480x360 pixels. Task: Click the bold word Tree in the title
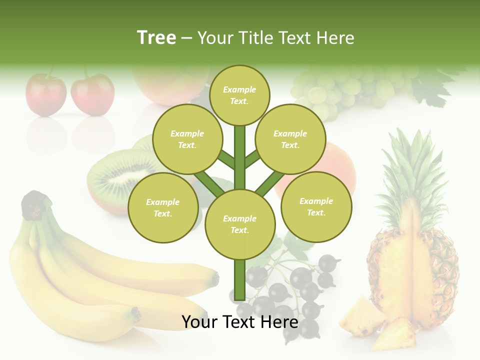tap(156, 37)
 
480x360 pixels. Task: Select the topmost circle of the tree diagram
tap(239, 95)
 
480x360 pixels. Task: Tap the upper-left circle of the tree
tap(187, 139)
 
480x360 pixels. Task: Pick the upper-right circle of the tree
tap(290, 139)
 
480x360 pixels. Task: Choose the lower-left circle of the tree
tap(162, 207)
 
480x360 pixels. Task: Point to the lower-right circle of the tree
tap(316, 206)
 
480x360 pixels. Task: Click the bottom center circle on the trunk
tap(239, 224)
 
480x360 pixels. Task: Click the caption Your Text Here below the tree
tap(239, 322)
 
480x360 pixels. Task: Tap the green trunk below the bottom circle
tap(239, 280)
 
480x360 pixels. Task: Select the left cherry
tap(45, 94)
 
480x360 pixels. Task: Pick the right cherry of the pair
tap(92, 94)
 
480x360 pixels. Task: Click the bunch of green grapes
tap(340, 90)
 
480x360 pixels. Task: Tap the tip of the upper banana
tap(214, 277)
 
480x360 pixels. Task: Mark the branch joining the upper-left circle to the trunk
tap(225, 160)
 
